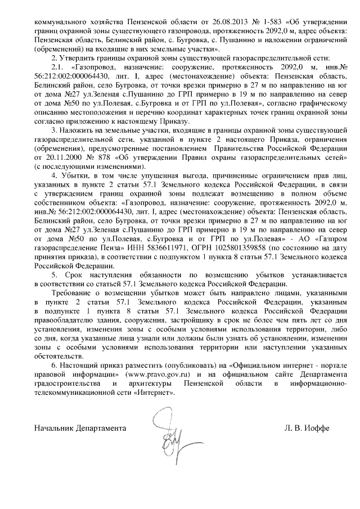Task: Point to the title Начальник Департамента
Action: point(79,427)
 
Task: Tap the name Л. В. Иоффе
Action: point(307,427)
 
